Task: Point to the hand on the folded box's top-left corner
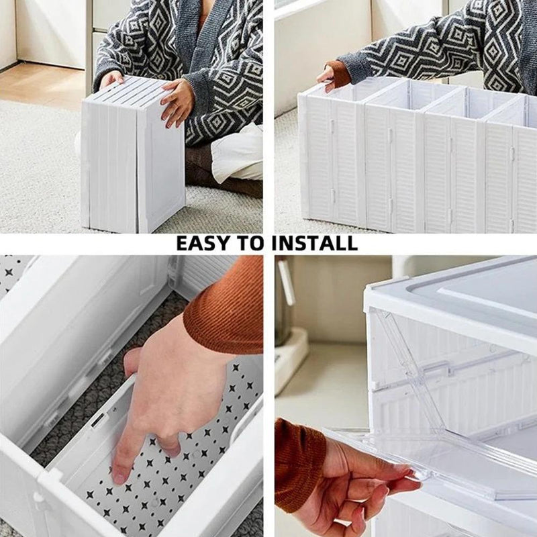tap(111, 80)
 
